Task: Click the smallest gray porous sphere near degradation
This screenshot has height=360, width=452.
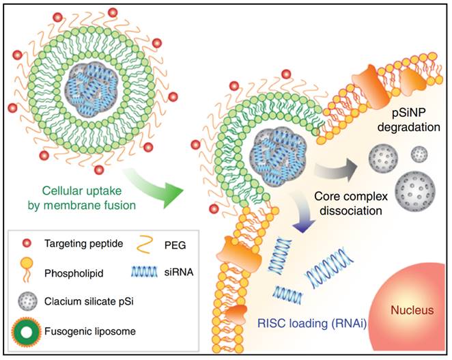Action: coord(419,153)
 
